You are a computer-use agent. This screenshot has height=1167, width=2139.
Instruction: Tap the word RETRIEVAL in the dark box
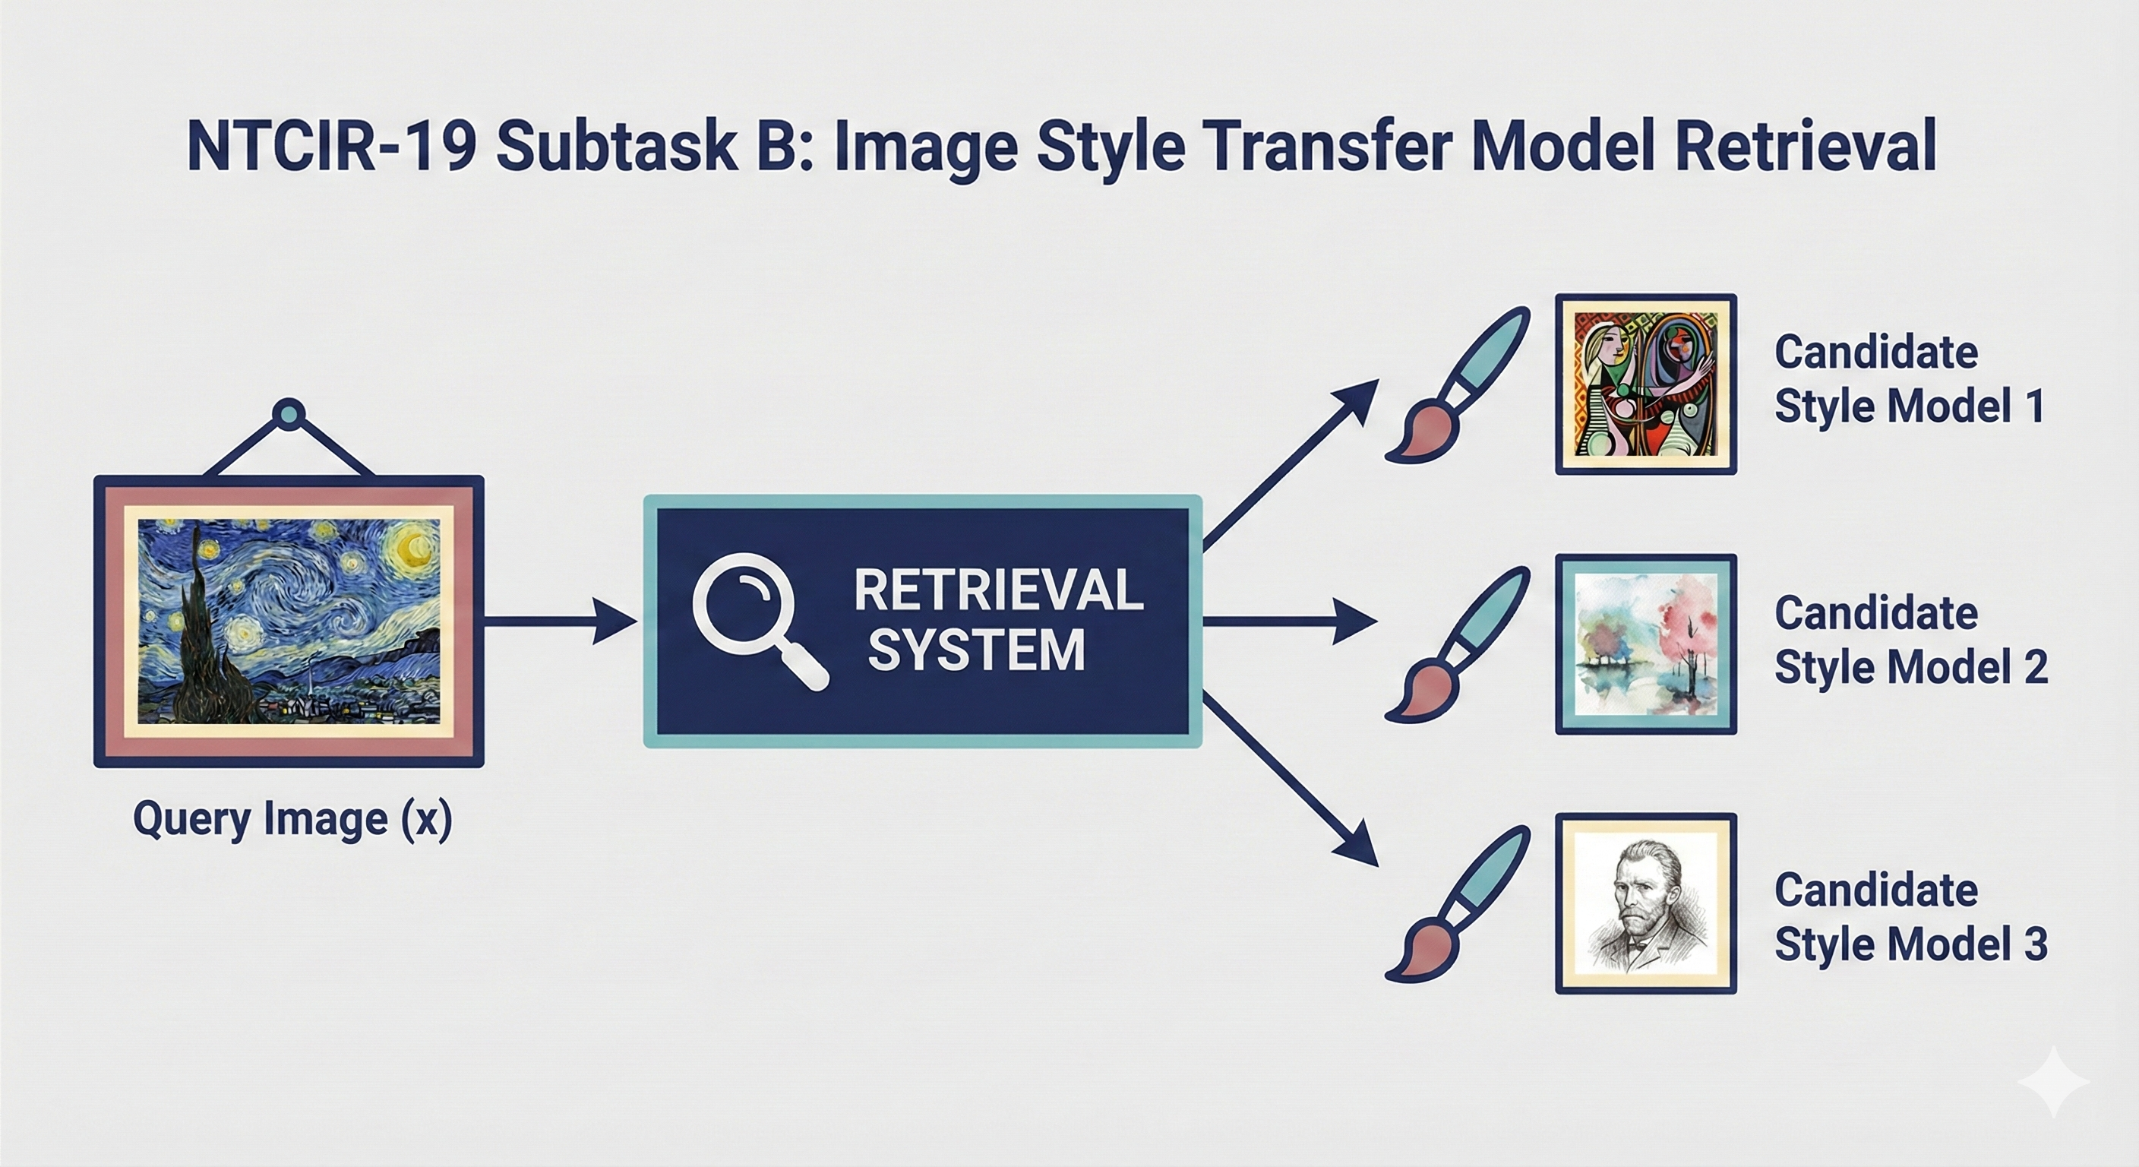tap(998, 590)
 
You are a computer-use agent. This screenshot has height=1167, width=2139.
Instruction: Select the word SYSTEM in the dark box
tap(977, 649)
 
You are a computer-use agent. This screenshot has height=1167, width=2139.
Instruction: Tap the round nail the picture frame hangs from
tap(288, 412)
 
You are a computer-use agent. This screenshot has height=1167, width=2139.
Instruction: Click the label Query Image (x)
tap(292, 819)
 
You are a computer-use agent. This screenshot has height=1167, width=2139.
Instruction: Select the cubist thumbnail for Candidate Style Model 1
tap(1646, 384)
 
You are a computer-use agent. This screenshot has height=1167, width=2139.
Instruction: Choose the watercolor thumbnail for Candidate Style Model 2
tap(1646, 644)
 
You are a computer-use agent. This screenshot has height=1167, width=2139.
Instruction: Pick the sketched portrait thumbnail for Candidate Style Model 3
tap(1646, 903)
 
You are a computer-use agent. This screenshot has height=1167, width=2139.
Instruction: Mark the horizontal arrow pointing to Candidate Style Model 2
tap(1290, 621)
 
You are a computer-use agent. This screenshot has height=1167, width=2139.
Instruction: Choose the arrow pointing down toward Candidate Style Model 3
tap(1289, 779)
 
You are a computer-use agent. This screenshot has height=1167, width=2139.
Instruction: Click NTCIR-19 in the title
tap(332, 146)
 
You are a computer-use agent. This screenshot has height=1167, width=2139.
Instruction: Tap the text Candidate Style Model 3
tap(1910, 916)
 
